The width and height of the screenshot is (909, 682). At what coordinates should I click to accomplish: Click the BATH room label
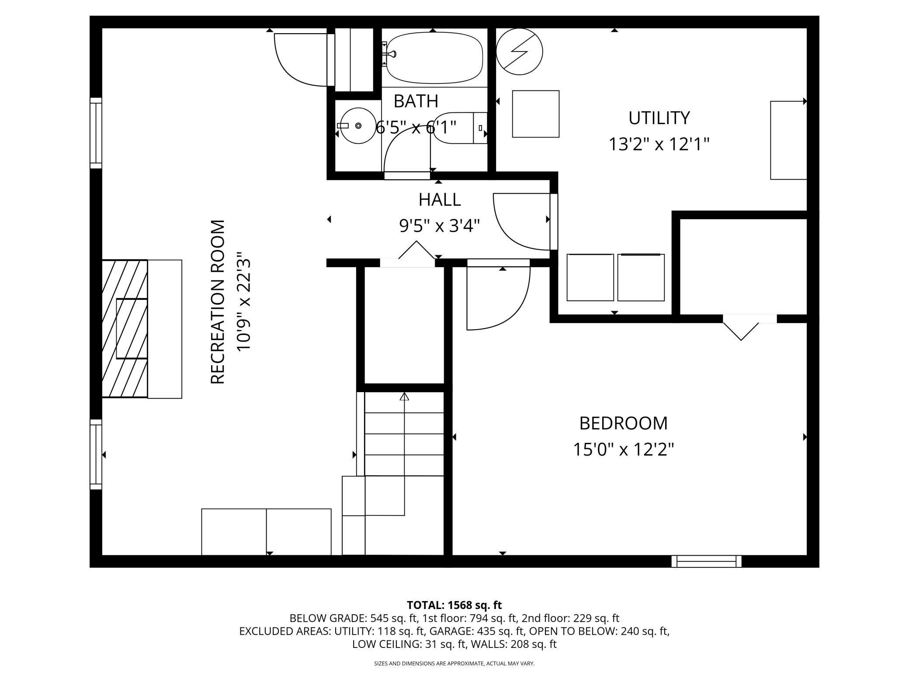pos(416,101)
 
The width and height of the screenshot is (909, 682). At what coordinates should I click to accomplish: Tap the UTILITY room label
pos(659,118)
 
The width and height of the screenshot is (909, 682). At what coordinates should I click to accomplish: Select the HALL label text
pos(440,200)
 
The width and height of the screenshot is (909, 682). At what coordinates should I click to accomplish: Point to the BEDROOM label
pos(624,423)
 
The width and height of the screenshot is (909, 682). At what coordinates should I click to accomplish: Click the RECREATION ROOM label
pos(218,302)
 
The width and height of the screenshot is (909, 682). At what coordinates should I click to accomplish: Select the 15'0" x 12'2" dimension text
pos(624,449)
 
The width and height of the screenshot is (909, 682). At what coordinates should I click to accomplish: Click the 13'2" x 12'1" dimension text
pos(659,144)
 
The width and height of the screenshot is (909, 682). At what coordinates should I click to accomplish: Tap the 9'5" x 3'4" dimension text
pos(440,226)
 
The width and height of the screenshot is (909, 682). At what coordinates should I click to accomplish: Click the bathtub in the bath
pos(434,59)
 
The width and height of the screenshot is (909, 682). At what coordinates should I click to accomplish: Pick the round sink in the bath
pos(358,126)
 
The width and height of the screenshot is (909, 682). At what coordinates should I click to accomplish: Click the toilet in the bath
pos(459,128)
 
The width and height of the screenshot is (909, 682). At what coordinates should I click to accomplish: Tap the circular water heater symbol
pos(520,52)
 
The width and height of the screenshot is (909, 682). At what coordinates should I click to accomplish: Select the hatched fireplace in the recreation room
pos(125,328)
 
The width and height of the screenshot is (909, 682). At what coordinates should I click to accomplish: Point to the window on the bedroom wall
pos(707,561)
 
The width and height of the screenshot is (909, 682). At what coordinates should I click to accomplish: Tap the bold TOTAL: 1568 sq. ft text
pos(454,605)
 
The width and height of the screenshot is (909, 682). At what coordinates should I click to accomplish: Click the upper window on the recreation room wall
pos(96,133)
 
